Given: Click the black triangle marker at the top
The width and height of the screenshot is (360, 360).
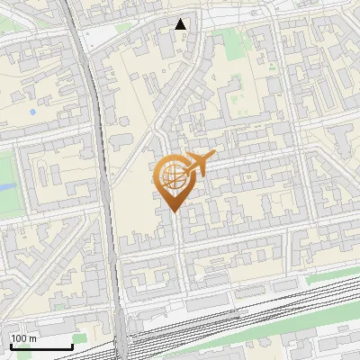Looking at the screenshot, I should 181,24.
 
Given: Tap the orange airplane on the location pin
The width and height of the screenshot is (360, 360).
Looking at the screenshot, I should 198,164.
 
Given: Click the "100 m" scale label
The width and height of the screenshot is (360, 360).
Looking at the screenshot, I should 23,338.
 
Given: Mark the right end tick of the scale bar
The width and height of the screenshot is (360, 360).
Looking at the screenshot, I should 72,346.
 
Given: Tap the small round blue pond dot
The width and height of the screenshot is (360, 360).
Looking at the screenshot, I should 33,112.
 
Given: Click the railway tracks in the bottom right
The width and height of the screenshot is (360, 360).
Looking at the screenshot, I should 297,297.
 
